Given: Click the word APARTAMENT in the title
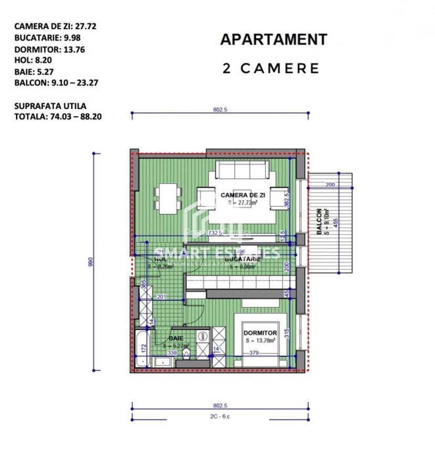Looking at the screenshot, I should coord(273,39).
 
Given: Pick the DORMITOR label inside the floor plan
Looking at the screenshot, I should coord(260,332).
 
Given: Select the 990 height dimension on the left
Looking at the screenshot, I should coord(90,261).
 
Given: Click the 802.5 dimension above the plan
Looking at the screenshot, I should coord(220,110).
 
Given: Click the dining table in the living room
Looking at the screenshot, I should coord(168,198).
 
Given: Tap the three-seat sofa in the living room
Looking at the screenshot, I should coord(242,170).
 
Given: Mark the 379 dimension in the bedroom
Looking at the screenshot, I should coord(254,352).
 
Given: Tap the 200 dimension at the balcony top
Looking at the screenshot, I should coord(330,185).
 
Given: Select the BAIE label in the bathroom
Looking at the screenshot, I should coord(176,339).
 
